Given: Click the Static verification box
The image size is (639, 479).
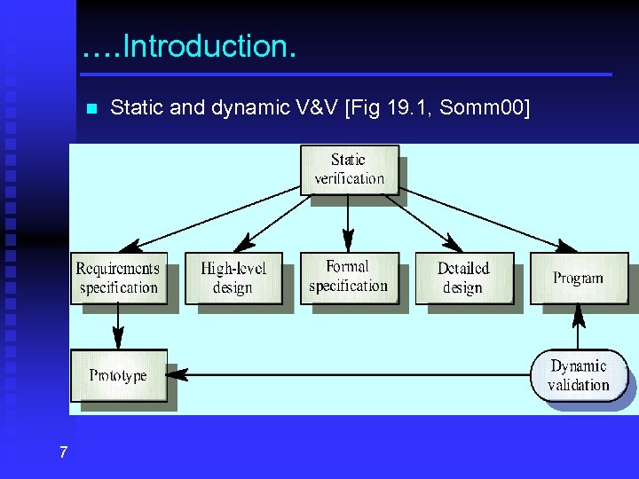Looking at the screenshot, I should tap(348, 169).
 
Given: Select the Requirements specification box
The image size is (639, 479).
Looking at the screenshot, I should tap(118, 279).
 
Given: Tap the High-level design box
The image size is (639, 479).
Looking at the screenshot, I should tap(233, 279).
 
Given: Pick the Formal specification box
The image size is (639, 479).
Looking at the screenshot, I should tap(348, 277).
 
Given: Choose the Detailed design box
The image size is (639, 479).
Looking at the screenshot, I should tap(463, 278).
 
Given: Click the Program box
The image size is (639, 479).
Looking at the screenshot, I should tap(578, 279).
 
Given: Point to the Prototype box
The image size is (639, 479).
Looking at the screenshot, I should tap(118, 375).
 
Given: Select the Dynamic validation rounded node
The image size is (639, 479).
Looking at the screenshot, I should tap(578, 375).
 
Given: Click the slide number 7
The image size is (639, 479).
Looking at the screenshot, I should tap(63, 453).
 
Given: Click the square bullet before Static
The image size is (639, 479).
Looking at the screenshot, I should tap(90, 109).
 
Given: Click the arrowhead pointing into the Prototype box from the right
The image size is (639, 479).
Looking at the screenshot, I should tap(177, 375).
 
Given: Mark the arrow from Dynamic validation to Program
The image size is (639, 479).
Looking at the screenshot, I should tap(579, 326).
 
